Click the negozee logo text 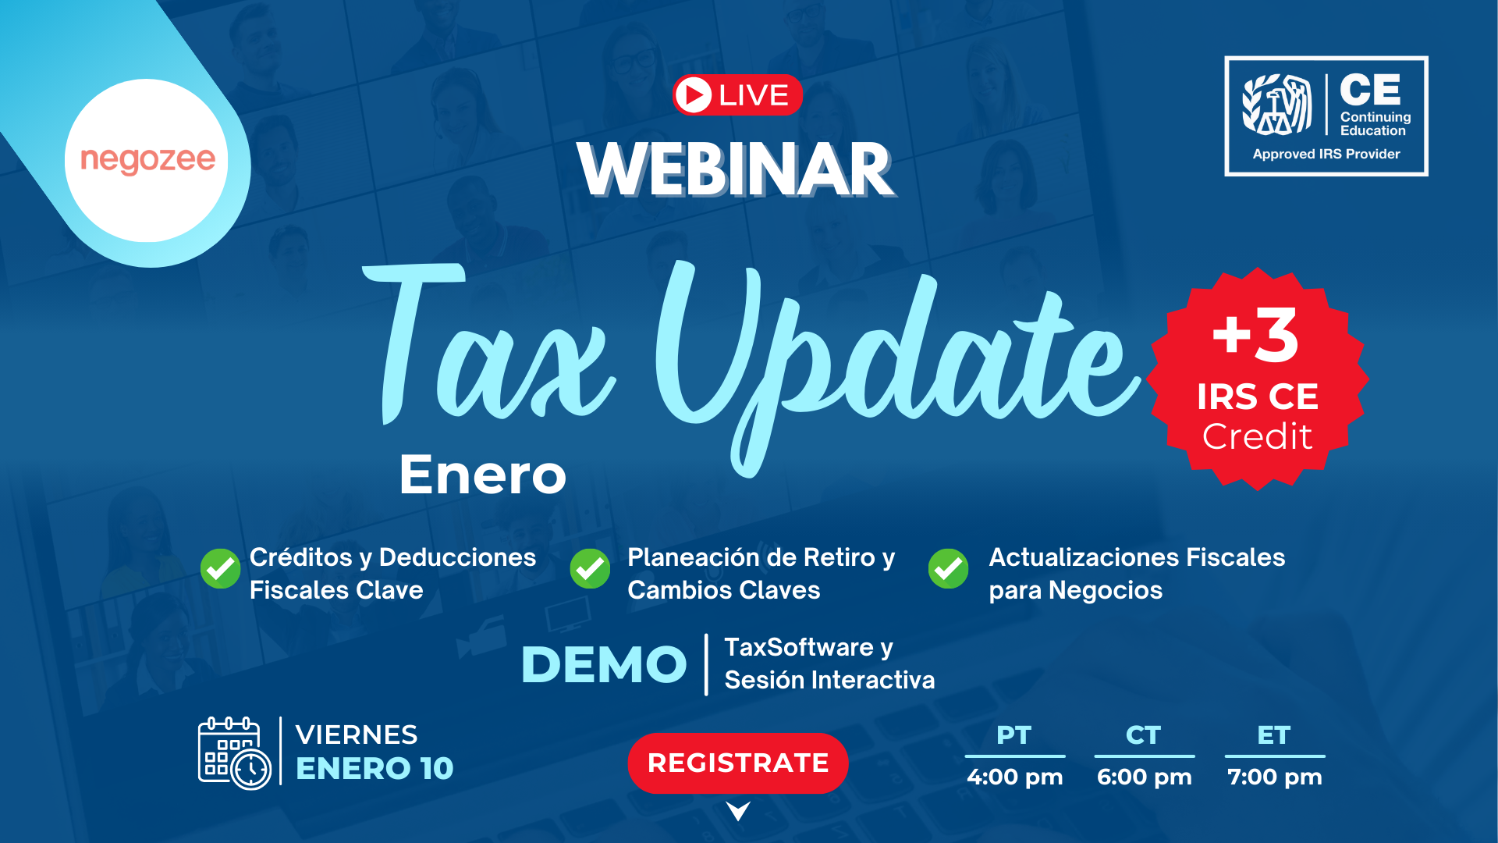tap(147, 160)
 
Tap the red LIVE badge tap(737, 95)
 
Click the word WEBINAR tap(736, 169)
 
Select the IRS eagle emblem tap(1276, 105)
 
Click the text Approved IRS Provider tap(1326, 154)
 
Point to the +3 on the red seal tap(1255, 335)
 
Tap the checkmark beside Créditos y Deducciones tap(221, 568)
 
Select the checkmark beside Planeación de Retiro tap(590, 568)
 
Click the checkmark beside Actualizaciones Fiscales tap(949, 568)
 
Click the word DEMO tap(604, 665)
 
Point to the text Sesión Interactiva tap(829, 680)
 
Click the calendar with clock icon tap(234, 753)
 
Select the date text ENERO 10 tap(374, 769)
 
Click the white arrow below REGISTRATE tap(738, 811)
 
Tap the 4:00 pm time tap(1014, 777)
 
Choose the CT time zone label tap(1144, 735)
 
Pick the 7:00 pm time tap(1275, 777)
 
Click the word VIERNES tap(357, 735)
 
